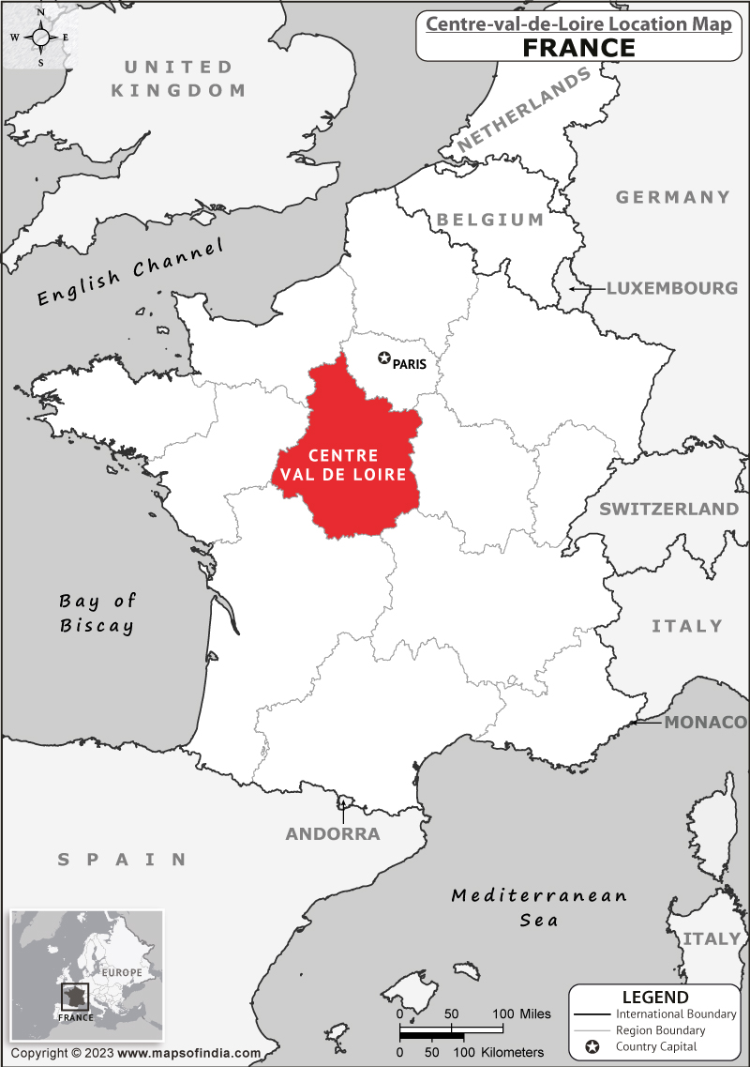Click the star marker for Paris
tap(383, 358)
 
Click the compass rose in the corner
tap(39, 37)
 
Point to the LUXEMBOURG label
tap(671, 288)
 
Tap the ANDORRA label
tap(333, 834)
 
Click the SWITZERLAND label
tap(668, 510)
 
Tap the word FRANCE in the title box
tap(578, 47)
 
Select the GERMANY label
tap(672, 197)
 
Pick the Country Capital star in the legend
tap(592, 1046)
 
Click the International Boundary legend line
tap(591, 1014)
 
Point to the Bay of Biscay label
tap(97, 614)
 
